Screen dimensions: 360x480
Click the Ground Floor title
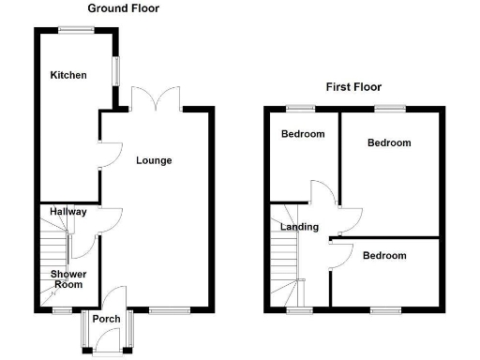[x=123, y=8]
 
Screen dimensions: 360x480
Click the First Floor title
[x=353, y=87]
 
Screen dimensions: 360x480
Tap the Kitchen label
[x=68, y=75]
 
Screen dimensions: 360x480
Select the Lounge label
[x=154, y=160]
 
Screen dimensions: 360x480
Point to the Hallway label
[x=68, y=212]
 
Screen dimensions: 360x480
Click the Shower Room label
[x=68, y=279]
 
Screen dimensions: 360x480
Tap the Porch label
[x=107, y=319]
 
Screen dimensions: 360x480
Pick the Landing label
[x=299, y=227]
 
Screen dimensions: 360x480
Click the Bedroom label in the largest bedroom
[x=388, y=143]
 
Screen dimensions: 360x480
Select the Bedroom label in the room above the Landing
[x=303, y=134]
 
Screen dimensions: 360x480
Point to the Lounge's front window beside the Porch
[x=169, y=309]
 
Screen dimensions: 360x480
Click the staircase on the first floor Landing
[x=285, y=262]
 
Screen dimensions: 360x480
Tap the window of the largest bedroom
[x=390, y=109]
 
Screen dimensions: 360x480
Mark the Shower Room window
[x=62, y=309]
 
